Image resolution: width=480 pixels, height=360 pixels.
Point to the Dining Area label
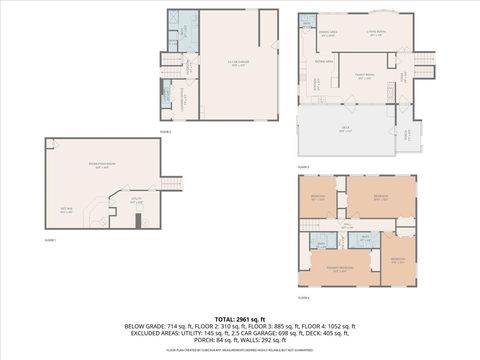(x=328, y=33)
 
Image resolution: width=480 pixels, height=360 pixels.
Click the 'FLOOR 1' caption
(x=50, y=241)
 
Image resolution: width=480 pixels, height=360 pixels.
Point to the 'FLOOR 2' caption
(x=166, y=131)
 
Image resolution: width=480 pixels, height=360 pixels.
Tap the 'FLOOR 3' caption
(x=303, y=166)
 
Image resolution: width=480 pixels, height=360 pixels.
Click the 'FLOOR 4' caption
(x=303, y=298)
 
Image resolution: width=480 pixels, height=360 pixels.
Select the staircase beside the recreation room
(x=174, y=182)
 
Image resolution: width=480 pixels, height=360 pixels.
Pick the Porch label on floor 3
(x=406, y=134)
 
